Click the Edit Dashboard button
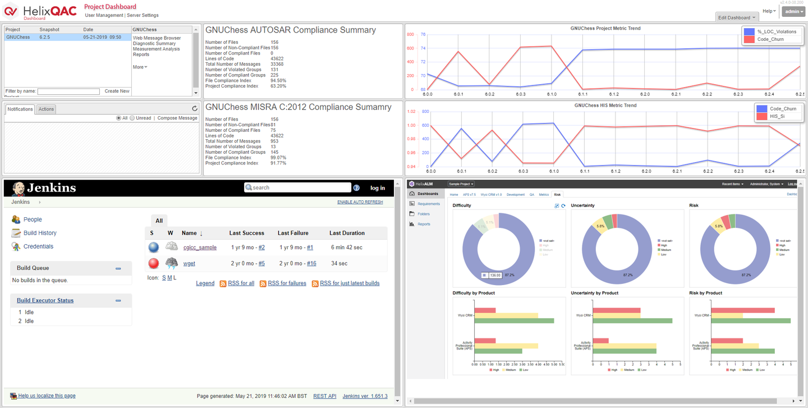[737, 17]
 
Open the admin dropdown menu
[793, 11]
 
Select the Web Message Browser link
[157, 38]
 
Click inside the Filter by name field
[68, 91]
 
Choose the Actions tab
[46, 109]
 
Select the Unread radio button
[132, 118]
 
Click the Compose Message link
[177, 118]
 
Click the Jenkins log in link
[378, 188]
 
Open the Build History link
[40, 233]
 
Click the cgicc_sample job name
[200, 247]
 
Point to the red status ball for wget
[154, 263]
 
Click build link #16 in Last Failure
[311, 263]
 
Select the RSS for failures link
[287, 283]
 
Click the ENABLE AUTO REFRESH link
[360, 202]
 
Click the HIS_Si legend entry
[777, 116]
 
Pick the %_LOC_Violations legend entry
[777, 31]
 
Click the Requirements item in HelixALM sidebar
[429, 204]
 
